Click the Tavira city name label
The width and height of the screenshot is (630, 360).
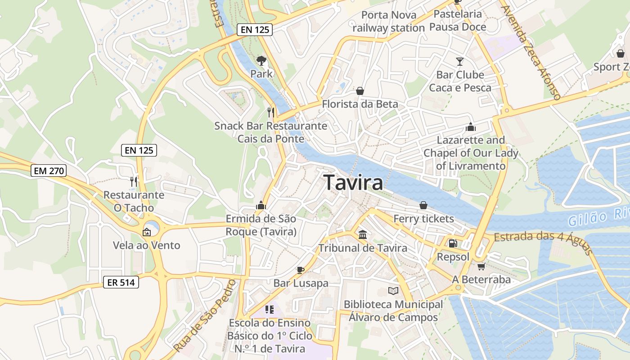[x=353, y=183]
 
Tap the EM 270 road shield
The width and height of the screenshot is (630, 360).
[x=49, y=171]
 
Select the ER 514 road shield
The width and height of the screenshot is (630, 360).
[x=121, y=282]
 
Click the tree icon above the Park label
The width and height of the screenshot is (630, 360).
[x=261, y=60]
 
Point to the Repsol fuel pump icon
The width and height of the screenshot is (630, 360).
[x=453, y=243]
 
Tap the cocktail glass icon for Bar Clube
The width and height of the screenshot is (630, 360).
[x=459, y=61]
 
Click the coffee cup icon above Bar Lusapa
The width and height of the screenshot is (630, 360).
[x=301, y=270]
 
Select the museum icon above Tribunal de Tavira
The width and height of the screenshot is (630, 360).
[x=363, y=234]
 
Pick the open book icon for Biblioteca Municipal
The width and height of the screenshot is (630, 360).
[x=393, y=291]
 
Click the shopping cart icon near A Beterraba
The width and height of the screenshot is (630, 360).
[x=481, y=266]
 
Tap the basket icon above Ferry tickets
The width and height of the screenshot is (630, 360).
[x=423, y=205]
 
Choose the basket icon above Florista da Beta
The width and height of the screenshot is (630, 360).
[x=360, y=91]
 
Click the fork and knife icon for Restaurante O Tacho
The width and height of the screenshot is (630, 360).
[x=134, y=181]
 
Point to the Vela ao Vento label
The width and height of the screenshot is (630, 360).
[x=146, y=245]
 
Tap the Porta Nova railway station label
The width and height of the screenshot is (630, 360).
[x=388, y=21]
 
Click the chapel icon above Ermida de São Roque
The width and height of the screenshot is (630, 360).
[x=261, y=205]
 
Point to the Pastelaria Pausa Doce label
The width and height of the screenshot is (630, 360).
[x=457, y=20]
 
